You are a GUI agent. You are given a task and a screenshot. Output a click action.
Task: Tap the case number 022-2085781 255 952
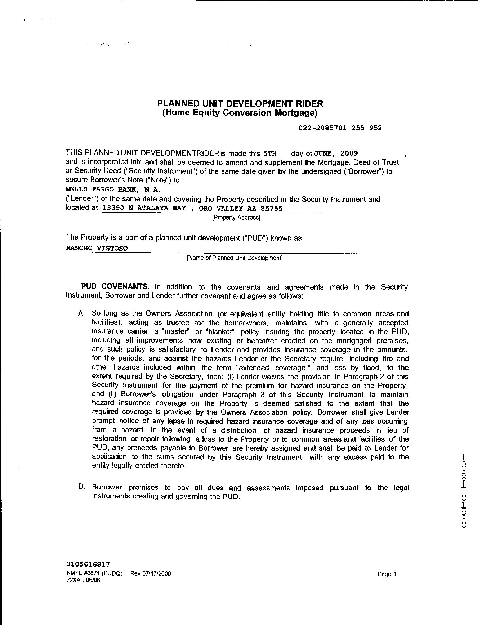[x=340, y=128]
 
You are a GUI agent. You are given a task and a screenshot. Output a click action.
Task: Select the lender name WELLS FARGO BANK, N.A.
[x=113, y=189]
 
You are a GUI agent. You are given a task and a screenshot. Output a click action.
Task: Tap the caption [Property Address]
[x=236, y=218]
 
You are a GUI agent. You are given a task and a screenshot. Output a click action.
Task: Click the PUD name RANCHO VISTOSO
[x=97, y=248]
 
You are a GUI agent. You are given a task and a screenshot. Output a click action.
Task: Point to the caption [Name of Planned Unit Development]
[x=235, y=258]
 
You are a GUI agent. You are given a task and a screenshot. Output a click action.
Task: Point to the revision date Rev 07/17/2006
[x=151, y=574]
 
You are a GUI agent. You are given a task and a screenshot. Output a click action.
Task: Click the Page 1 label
[x=387, y=574]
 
